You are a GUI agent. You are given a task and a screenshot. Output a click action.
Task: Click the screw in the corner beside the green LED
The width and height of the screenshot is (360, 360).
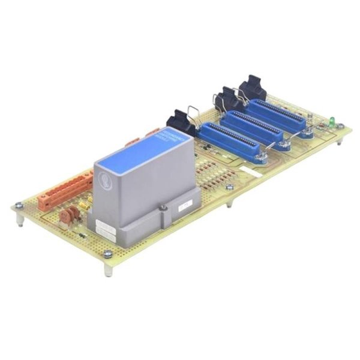[340, 127]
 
